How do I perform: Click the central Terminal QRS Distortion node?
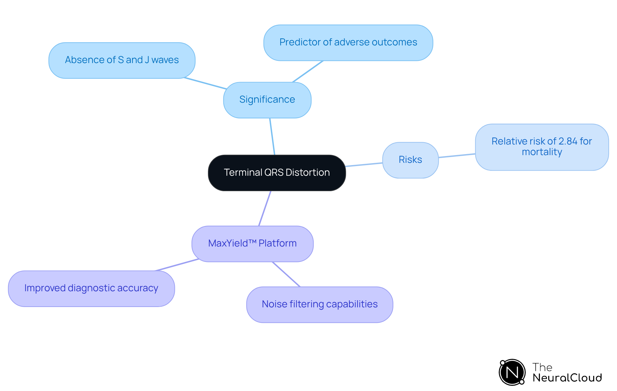(277, 173)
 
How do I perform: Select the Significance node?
(267, 100)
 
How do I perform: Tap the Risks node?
(410, 160)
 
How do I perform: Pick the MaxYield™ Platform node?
(252, 244)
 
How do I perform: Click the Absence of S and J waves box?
(122, 60)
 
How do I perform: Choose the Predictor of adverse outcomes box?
(348, 42)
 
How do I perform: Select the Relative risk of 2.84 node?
(542, 147)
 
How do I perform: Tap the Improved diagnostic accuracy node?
(91, 288)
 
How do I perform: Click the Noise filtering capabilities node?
(319, 304)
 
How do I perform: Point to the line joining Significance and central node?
(272, 136)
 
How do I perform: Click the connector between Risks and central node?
(364, 165)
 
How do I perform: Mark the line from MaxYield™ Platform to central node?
(265, 208)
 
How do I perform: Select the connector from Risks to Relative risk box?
(457, 156)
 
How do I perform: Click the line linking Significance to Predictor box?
(308, 71)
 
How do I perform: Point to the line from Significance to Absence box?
(205, 83)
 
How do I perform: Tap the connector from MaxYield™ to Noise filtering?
(286, 274)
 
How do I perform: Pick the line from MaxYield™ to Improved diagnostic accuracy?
(177, 265)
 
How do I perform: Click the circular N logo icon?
(512, 372)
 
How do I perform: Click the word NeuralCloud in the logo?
(567, 378)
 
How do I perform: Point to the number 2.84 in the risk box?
(568, 141)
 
